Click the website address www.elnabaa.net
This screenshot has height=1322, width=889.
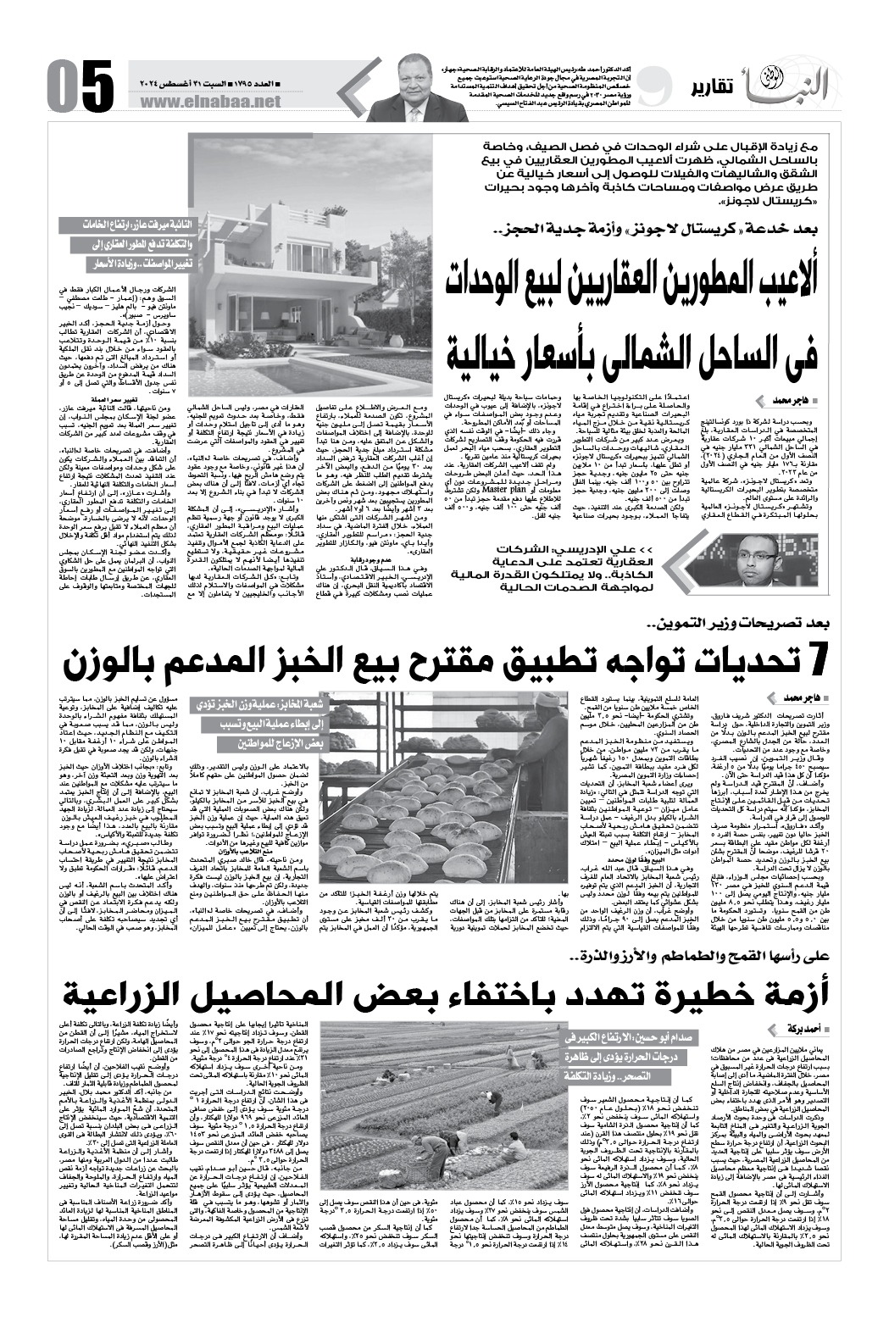click(218, 101)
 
